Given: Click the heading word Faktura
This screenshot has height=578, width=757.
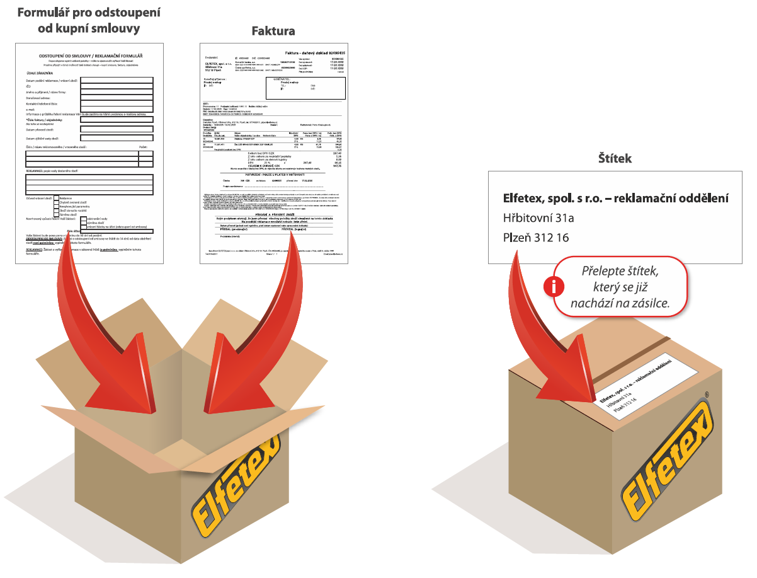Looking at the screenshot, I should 273,31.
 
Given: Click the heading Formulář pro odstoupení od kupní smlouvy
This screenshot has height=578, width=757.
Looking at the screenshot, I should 89,20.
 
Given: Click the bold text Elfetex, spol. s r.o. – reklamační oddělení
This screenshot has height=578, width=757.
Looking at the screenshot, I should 615,198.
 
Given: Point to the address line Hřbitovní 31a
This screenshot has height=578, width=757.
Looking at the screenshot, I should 538,218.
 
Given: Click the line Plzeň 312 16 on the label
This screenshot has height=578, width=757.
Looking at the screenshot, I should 535,238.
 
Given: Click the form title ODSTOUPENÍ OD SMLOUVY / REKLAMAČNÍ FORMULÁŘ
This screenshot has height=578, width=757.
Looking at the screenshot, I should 89,55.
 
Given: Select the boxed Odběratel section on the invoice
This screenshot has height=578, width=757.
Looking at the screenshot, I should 305,88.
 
